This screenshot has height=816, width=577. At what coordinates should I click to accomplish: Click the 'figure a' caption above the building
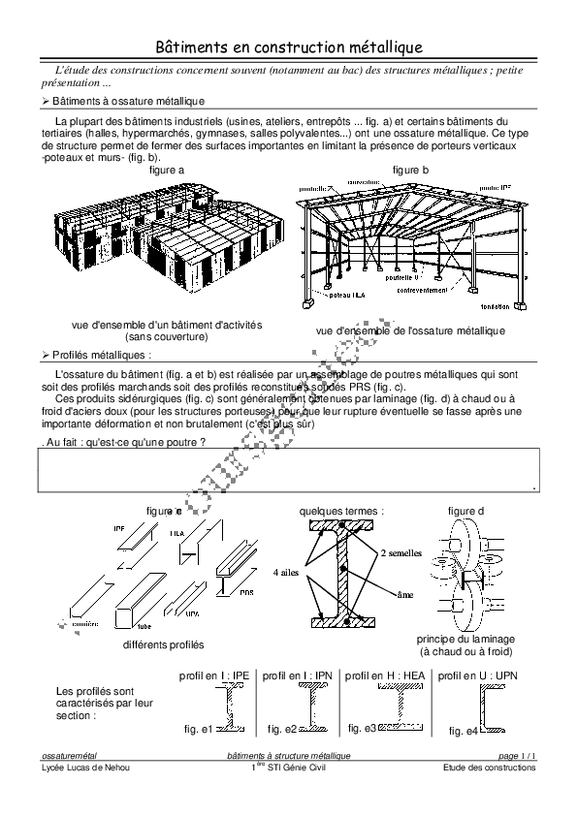pyautogui.click(x=166, y=170)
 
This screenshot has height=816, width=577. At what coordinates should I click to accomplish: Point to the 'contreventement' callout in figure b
pyautogui.click(x=423, y=290)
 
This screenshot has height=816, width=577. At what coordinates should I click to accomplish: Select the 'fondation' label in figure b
pyautogui.click(x=495, y=306)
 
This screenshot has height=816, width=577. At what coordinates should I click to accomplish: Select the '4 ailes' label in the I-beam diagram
pyautogui.click(x=287, y=572)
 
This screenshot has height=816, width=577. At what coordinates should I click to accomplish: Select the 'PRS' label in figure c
pyautogui.click(x=246, y=592)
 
